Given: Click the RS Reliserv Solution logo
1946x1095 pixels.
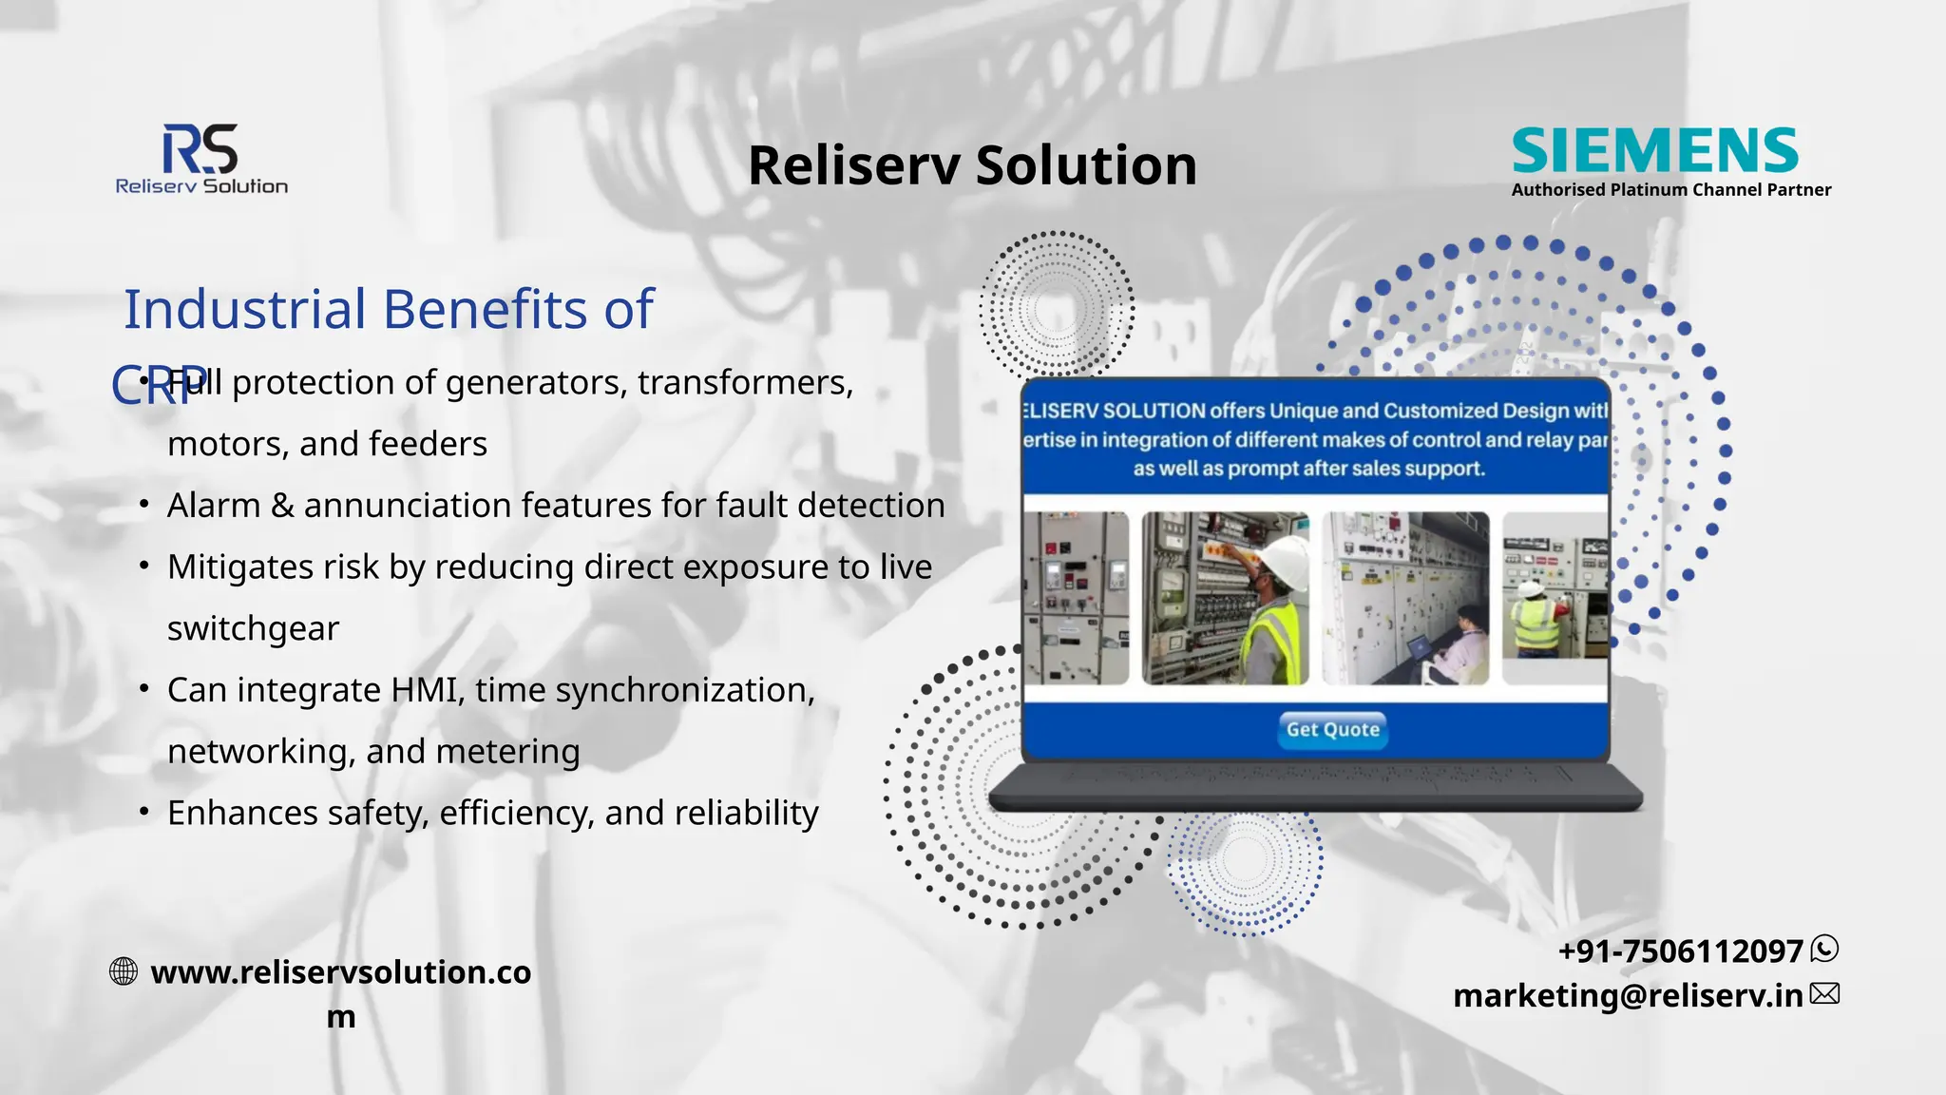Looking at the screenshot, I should click(x=200, y=160).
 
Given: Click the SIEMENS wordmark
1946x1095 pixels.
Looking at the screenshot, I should click(x=1654, y=150).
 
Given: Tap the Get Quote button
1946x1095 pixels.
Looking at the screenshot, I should click(x=1332, y=730).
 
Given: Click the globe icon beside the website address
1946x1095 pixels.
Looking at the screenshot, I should click(x=124, y=971).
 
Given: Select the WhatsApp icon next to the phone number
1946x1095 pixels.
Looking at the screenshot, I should click(x=1824, y=949).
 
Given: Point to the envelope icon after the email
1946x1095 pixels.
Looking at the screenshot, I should click(x=1824, y=994).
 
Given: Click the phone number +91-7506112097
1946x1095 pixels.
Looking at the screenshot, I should click(x=1680, y=951).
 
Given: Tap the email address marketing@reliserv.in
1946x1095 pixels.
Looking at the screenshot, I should click(x=1628, y=995).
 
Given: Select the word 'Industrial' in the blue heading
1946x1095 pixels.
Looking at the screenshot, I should click(x=245, y=309).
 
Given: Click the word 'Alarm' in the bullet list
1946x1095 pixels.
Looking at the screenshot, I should click(x=214, y=506).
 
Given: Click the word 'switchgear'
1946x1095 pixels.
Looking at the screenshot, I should click(x=253, y=629).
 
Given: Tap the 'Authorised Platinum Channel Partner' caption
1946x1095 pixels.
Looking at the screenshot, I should click(x=1670, y=190).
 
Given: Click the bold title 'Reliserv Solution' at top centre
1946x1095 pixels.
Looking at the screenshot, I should click(x=972, y=165).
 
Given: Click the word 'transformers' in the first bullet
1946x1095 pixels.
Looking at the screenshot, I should click(x=745, y=383).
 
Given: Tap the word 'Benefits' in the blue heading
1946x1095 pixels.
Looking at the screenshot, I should click(x=485, y=309).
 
